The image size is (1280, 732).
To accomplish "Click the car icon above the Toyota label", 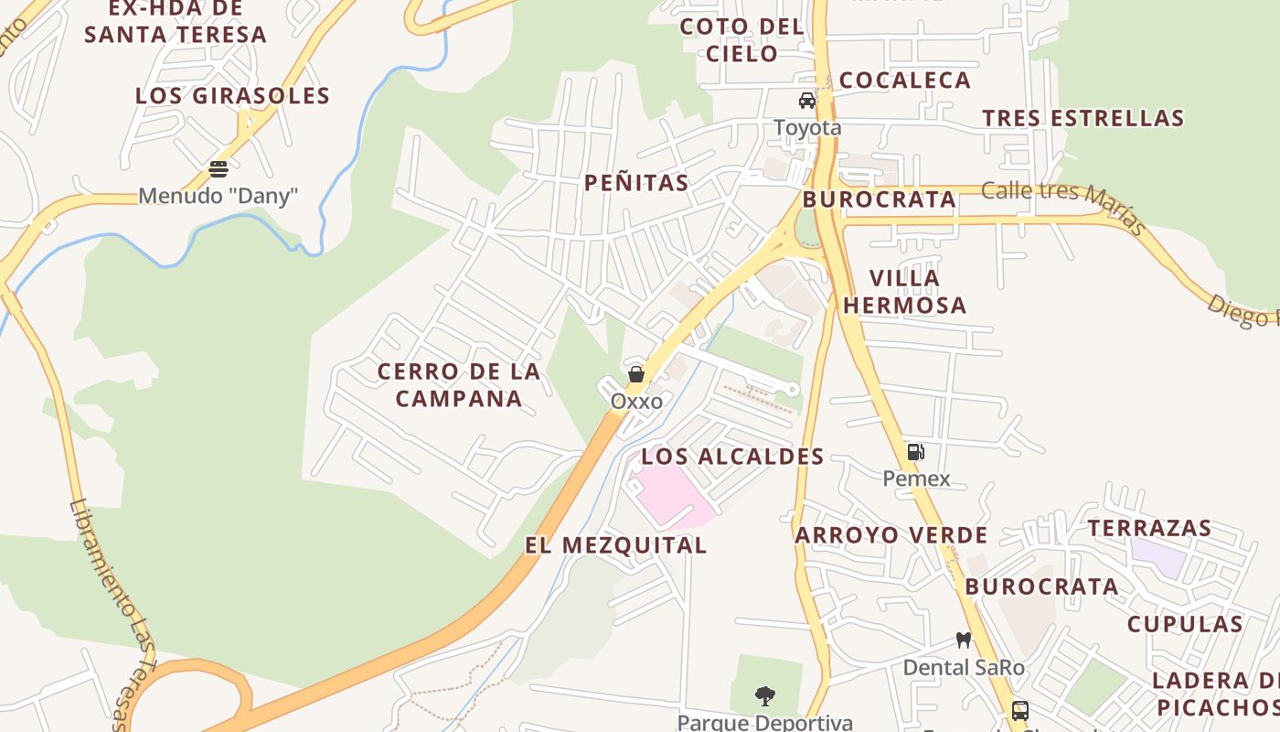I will tap(806, 101).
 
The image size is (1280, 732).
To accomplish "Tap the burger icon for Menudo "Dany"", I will tap(218, 168).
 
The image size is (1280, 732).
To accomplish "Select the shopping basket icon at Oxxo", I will tap(636, 373).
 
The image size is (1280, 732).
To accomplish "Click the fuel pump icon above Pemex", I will tap(915, 451).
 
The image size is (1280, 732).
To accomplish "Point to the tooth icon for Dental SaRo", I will tap(963, 640).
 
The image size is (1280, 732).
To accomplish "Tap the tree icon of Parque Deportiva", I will tap(765, 696).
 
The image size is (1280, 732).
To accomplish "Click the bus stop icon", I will tap(1019, 710).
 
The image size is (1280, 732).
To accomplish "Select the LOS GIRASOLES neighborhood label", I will tap(232, 96).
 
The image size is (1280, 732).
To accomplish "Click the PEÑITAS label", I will tap(636, 183).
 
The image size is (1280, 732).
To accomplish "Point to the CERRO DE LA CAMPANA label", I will tap(459, 385).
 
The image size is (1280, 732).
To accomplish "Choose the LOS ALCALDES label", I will tap(732, 457).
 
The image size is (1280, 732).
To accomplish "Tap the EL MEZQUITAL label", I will tap(615, 545).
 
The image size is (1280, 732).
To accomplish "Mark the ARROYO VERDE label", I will tap(891, 535).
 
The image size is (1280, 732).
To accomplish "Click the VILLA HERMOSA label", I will tap(904, 292).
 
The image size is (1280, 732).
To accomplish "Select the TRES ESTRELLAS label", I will tap(1083, 119).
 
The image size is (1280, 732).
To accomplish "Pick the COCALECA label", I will tap(904, 81).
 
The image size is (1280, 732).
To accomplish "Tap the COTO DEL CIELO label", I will tap(741, 40).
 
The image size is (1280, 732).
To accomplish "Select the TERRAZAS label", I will tap(1149, 528).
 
